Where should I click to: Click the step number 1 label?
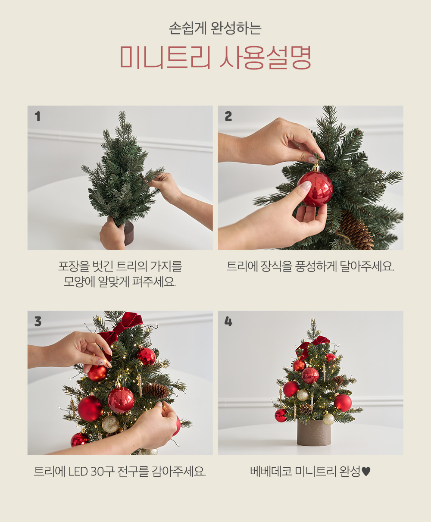click(x=37, y=116)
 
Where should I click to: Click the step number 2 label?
click(x=228, y=116)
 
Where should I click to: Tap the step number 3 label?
click(x=38, y=322)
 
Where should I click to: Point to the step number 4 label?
click(x=228, y=322)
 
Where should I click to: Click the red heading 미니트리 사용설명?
click(x=215, y=57)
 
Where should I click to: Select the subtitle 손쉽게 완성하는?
click(x=215, y=28)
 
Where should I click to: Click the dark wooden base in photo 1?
click(x=129, y=234)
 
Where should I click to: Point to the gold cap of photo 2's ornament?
click(x=316, y=168)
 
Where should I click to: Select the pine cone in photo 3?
click(x=156, y=391)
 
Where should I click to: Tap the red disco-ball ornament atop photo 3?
click(x=146, y=356)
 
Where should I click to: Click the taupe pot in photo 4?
click(x=314, y=433)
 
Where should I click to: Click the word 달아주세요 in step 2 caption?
click(x=367, y=266)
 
